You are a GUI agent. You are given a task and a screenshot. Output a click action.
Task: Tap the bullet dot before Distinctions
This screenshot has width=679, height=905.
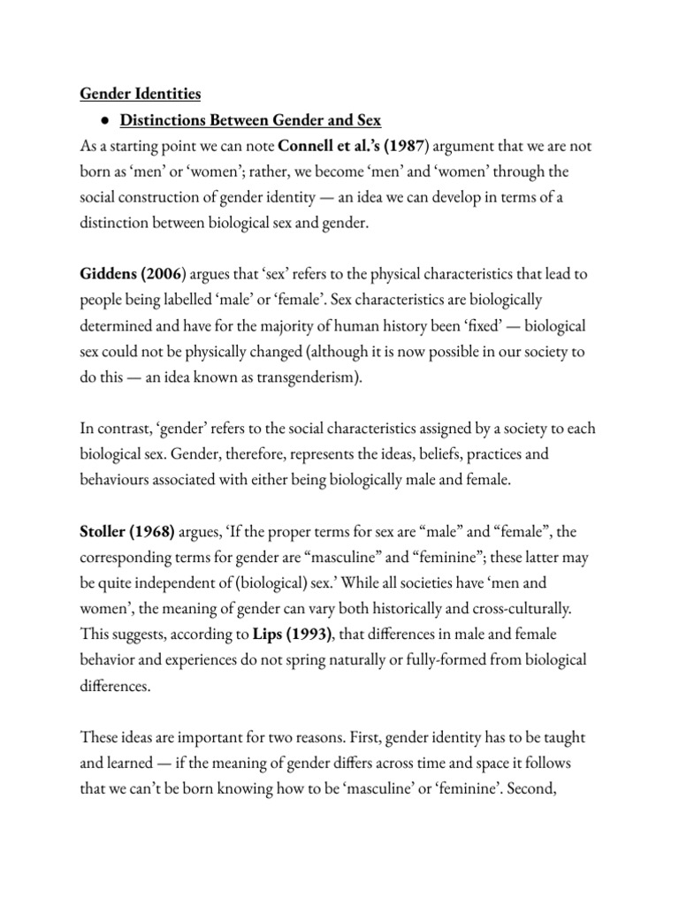[104, 120]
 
